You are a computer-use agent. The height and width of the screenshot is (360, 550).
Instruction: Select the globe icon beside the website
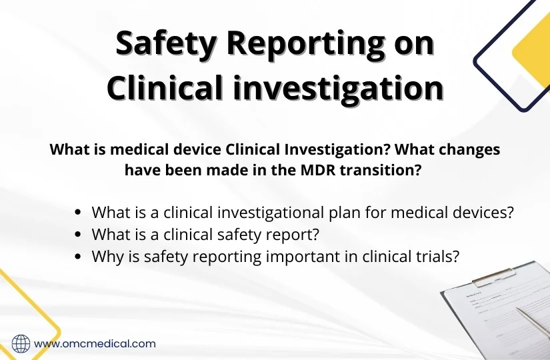click(x=21, y=343)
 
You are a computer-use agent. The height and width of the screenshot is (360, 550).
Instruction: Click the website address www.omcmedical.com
click(x=95, y=344)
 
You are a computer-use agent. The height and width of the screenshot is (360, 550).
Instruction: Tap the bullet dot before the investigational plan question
click(x=79, y=213)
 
